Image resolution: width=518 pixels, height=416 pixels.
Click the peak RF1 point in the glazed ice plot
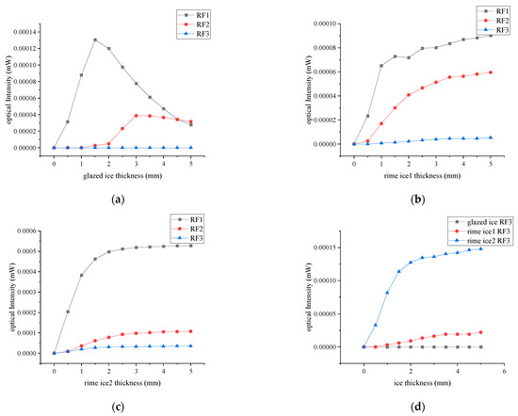[95, 40]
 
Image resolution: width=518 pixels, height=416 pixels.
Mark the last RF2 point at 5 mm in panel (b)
[491, 72]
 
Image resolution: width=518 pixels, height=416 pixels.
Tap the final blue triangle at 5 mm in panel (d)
[481, 248]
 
